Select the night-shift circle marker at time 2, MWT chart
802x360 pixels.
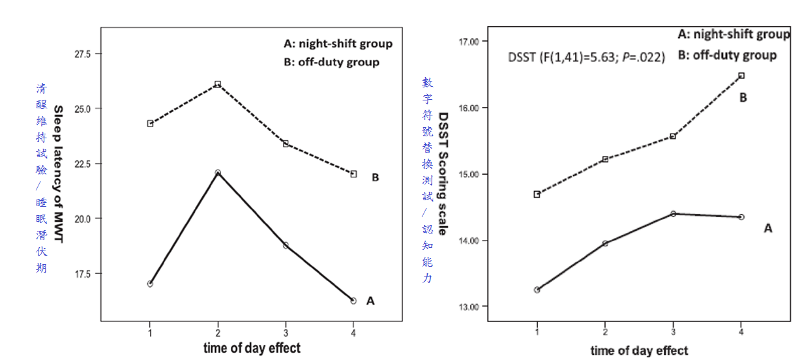point(218,173)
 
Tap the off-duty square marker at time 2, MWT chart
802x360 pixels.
point(218,84)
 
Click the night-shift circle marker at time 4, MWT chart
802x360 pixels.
point(353,301)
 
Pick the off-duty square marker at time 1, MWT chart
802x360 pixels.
point(150,123)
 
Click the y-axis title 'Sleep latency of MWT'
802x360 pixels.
point(58,174)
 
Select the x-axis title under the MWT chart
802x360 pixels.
point(252,346)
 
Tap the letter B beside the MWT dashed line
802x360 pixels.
point(375,177)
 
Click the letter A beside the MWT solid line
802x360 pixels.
point(370,301)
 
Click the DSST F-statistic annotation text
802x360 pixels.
point(586,57)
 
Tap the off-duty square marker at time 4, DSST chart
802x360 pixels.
point(741,76)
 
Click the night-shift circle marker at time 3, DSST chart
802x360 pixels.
point(673,213)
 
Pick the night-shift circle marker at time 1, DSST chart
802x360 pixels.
point(537,290)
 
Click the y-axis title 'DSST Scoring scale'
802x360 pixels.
point(443,173)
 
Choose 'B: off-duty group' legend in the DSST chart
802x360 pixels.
point(727,55)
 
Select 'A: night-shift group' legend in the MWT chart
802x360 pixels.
point(338,44)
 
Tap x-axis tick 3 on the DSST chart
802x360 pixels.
point(673,331)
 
